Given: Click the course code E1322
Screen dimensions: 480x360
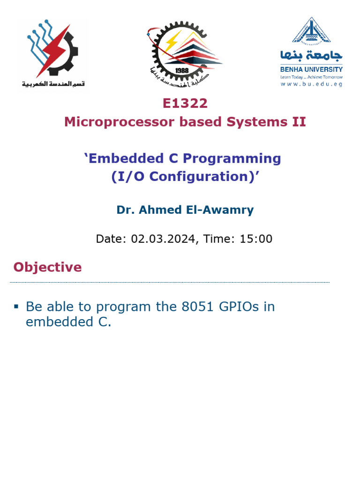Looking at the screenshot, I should pyautogui.click(x=185, y=103).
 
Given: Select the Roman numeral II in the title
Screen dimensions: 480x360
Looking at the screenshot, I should pyautogui.click(x=298, y=122).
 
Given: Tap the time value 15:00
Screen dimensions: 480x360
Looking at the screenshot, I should pyautogui.click(x=256, y=239).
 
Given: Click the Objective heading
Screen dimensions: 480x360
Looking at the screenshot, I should pyautogui.click(x=47, y=267).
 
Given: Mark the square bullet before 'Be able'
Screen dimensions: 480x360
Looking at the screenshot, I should pyautogui.click(x=16, y=307).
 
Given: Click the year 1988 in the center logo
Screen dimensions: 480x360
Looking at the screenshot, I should pyautogui.click(x=181, y=70).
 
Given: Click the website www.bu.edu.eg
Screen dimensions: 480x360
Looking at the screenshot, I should pyautogui.click(x=311, y=84).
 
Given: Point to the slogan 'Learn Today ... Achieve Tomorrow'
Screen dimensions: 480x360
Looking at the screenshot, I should pyautogui.click(x=311, y=77).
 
